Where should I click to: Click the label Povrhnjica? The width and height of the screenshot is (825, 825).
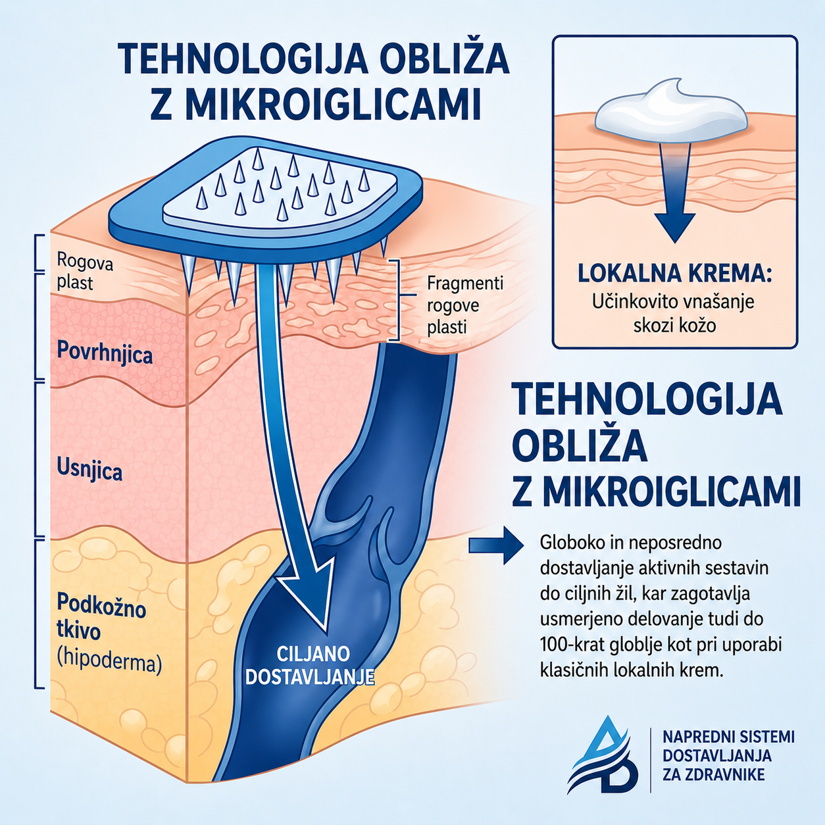105,355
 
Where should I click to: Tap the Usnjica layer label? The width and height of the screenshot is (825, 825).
89,471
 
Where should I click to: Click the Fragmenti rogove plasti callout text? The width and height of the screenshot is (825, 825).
465,305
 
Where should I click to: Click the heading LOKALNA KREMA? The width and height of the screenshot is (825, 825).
674,273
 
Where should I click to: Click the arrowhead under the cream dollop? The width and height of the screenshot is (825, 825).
674,227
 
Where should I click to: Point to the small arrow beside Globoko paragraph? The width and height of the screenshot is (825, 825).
496,545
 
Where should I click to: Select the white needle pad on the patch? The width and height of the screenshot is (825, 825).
279,189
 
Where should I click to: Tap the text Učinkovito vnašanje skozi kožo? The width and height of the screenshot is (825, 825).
673,314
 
